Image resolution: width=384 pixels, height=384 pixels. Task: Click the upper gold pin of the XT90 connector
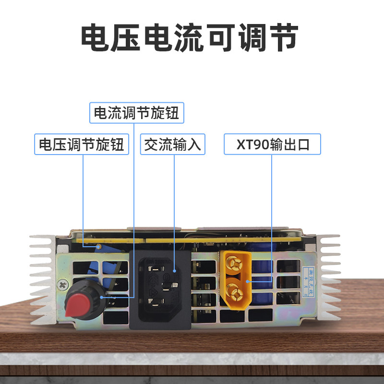coord(234,263)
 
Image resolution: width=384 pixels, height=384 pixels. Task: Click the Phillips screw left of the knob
coord(62,284)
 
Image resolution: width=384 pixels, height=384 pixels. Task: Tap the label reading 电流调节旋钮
coord(136,113)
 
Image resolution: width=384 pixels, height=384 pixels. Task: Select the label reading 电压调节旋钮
coord(82,144)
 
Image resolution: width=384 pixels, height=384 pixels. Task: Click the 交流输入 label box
coord(172,144)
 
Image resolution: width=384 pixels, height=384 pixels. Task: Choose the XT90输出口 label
coord(272,144)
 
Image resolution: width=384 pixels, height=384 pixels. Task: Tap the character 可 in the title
coord(221,38)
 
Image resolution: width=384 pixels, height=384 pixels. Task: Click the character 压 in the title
coord(128,38)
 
